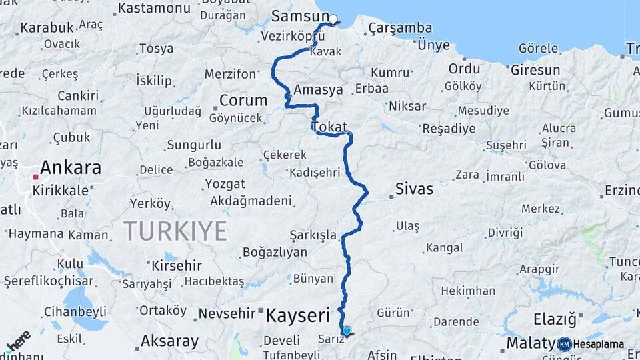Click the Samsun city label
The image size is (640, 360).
[301, 16]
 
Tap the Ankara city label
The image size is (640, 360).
[71, 167]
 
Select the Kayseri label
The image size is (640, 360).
[298, 315]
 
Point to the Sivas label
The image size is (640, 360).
[414, 189]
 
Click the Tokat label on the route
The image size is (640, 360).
[329, 126]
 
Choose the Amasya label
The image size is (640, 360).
[318, 90]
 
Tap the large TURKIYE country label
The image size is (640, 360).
[175, 231]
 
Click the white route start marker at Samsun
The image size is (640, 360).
[333, 19]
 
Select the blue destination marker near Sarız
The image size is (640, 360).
[346, 329]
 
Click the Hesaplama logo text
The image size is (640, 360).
[598, 344]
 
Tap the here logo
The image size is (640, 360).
[18, 341]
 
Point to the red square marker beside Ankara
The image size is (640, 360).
[35, 177]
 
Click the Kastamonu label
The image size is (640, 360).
[154, 9]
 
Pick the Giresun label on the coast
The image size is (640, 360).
[535, 69]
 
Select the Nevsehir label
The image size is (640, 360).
[227, 313]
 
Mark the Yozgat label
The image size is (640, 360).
[225, 183]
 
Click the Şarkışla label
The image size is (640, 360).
[313, 235]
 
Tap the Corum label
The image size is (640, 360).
[243, 100]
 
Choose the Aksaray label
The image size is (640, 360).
[169, 341]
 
